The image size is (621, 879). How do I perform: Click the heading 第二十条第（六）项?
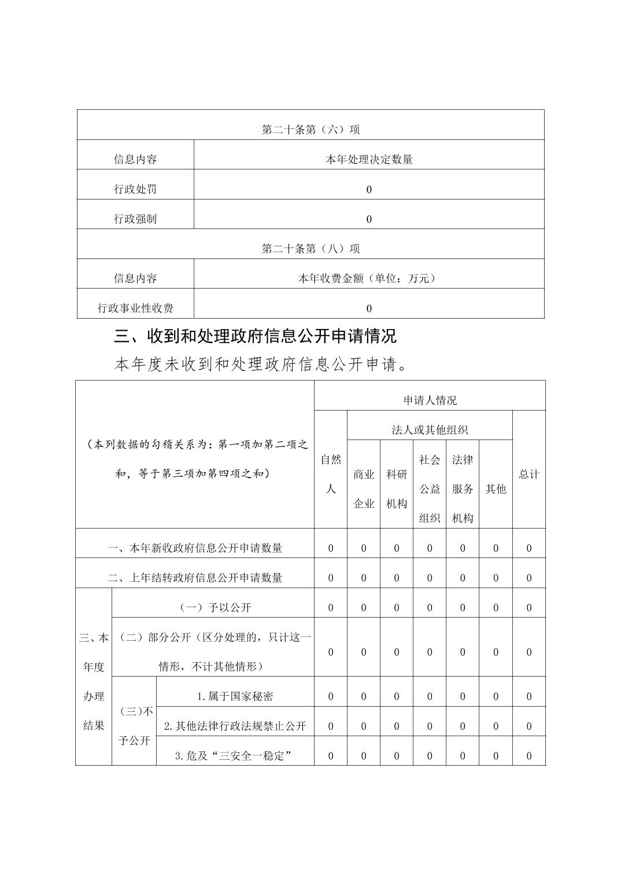[x=310, y=130]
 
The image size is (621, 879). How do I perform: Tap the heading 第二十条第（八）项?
[x=310, y=249]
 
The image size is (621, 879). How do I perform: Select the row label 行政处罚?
[x=135, y=189]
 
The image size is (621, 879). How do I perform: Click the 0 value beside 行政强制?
[x=369, y=219]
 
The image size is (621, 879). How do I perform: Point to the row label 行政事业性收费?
[x=135, y=308]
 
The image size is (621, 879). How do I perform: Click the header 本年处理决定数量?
[x=369, y=160]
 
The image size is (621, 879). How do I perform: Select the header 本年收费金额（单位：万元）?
[x=369, y=279]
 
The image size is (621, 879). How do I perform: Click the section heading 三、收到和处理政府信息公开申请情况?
[x=256, y=336]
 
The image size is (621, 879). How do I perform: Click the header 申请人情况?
[x=430, y=400]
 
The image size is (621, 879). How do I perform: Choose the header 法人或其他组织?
[x=430, y=430]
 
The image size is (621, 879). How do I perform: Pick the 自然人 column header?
[x=331, y=474]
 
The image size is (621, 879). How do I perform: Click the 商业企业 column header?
[x=364, y=489]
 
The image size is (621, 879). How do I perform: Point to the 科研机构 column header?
[x=397, y=489]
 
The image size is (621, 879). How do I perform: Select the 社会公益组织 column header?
[x=430, y=489]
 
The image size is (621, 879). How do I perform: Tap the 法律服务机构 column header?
[x=463, y=489]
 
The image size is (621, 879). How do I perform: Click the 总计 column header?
[x=528, y=474]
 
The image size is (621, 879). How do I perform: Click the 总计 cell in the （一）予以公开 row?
[x=528, y=608]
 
